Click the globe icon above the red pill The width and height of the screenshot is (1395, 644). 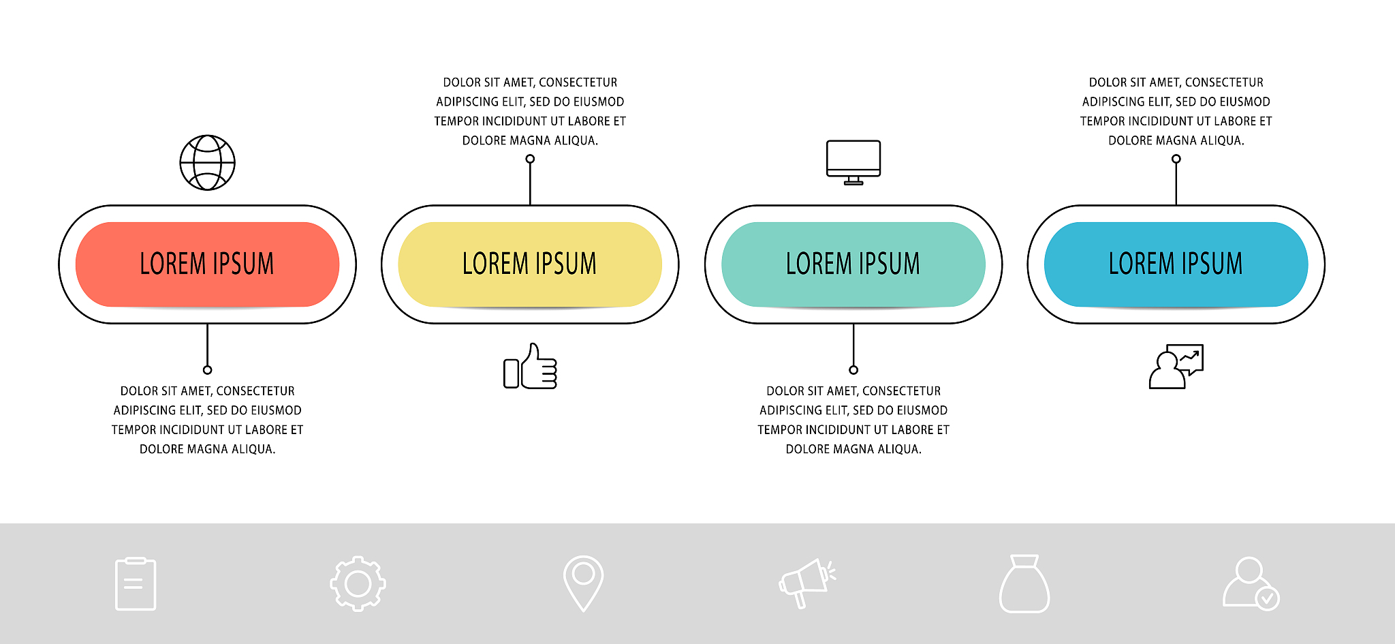(207, 163)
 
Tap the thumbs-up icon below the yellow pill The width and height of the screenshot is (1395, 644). (531, 367)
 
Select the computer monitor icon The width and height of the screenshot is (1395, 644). (853, 162)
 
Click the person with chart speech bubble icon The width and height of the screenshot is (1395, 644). (1176, 367)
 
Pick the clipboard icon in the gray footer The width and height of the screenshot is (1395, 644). (136, 584)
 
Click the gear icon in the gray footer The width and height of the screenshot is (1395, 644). (358, 583)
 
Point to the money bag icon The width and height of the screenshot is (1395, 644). (1024, 584)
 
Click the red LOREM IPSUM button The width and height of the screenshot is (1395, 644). (207, 264)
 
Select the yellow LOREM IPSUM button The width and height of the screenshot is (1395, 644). (530, 264)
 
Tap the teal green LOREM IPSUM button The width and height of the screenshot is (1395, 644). (853, 264)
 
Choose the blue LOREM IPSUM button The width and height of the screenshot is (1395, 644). (1176, 264)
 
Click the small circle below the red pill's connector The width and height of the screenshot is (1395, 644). (207, 370)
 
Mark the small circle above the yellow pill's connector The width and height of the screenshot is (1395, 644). (530, 159)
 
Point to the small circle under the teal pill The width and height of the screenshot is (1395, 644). (853, 370)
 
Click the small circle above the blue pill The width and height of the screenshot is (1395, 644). (1176, 159)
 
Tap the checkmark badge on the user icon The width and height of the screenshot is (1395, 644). (1267, 599)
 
